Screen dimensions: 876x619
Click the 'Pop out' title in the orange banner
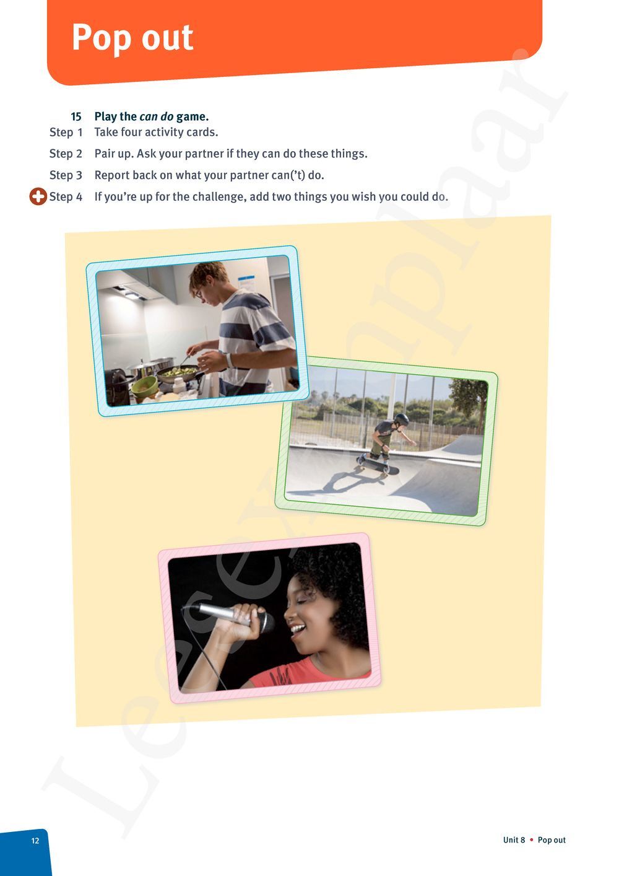coord(132,38)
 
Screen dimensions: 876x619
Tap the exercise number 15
coord(76,116)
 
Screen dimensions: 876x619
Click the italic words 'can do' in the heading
coord(157,116)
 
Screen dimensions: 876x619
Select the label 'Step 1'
coord(66,133)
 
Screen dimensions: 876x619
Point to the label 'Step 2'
coord(66,154)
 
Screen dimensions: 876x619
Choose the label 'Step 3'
coord(66,175)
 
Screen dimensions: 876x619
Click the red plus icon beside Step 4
coord(38,197)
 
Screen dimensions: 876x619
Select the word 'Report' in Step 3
coord(111,175)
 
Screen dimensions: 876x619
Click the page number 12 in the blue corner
coord(35,841)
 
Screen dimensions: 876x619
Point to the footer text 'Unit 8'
coord(514,840)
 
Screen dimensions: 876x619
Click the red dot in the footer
coord(531,840)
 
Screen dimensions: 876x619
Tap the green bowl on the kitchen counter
coord(144,387)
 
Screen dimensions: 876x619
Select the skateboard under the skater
coord(377,464)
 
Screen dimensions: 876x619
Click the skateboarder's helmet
coord(401,419)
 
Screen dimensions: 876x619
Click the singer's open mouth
coord(298,629)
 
